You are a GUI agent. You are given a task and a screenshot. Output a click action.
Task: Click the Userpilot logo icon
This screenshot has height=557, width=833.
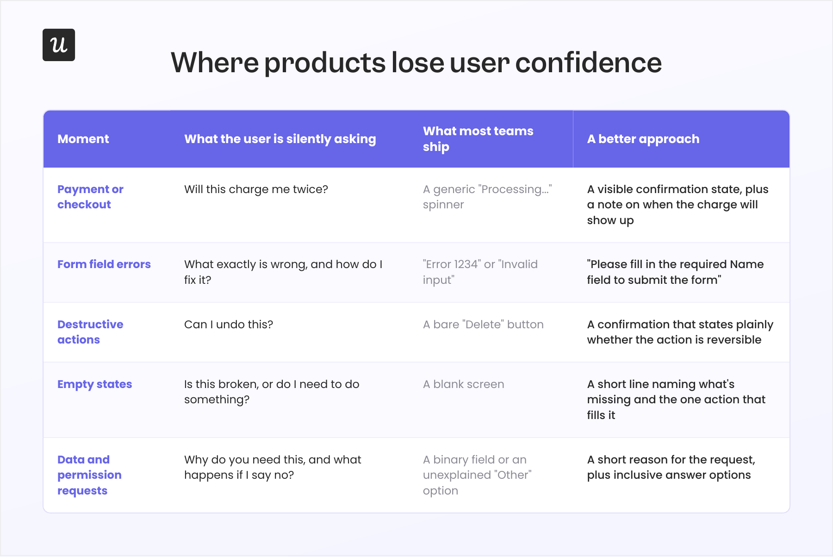click(x=59, y=45)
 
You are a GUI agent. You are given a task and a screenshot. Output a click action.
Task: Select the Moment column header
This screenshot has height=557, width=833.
click(x=83, y=139)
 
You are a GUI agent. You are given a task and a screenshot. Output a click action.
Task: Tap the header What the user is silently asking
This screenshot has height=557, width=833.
click(x=280, y=139)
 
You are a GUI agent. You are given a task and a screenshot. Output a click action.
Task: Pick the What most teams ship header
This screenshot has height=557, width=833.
click(x=478, y=139)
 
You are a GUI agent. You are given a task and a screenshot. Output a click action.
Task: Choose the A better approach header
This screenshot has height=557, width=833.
click(x=643, y=139)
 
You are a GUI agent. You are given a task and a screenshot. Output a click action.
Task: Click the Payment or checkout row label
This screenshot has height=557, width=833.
click(x=90, y=197)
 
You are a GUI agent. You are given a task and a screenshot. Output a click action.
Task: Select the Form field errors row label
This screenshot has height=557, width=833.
click(x=104, y=264)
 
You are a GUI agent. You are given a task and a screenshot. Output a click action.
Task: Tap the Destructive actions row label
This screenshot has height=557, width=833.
click(x=90, y=332)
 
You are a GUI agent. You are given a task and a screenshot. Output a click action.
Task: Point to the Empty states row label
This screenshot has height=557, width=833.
click(x=95, y=384)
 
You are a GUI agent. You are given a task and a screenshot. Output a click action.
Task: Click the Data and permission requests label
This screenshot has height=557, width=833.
click(x=89, y=475)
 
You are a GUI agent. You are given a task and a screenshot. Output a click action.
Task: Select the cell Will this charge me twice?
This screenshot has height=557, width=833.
click(x=256, y=189)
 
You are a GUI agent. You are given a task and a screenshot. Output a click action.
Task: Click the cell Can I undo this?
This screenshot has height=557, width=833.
click(x=229, y=325)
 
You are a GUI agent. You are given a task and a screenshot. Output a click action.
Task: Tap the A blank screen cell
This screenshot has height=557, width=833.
click(x=464, y=384)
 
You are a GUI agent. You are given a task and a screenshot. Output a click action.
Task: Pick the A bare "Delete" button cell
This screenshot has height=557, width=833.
click(x=483, y=325)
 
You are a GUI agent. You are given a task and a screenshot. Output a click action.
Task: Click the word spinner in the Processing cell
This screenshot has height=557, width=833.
click(x=443, y=205)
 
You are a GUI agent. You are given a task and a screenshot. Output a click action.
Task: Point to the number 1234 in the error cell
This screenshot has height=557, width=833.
click(x=466, y=264)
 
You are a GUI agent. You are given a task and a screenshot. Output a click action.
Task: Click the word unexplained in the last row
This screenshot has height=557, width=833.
click(x=457, y=476)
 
